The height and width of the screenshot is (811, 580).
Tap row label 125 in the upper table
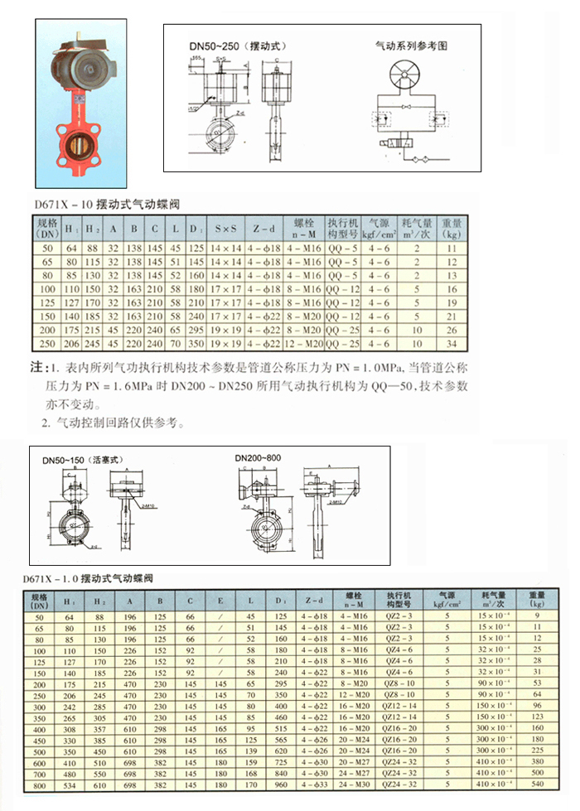[x=47, y=302]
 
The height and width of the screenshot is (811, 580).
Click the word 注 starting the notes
[x=36, y=366]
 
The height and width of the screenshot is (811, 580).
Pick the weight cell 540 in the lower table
[x=537, y=782]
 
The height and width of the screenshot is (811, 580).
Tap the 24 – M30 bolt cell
[x=353, y=782]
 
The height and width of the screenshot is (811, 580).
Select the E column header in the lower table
[x=220, y=599]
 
